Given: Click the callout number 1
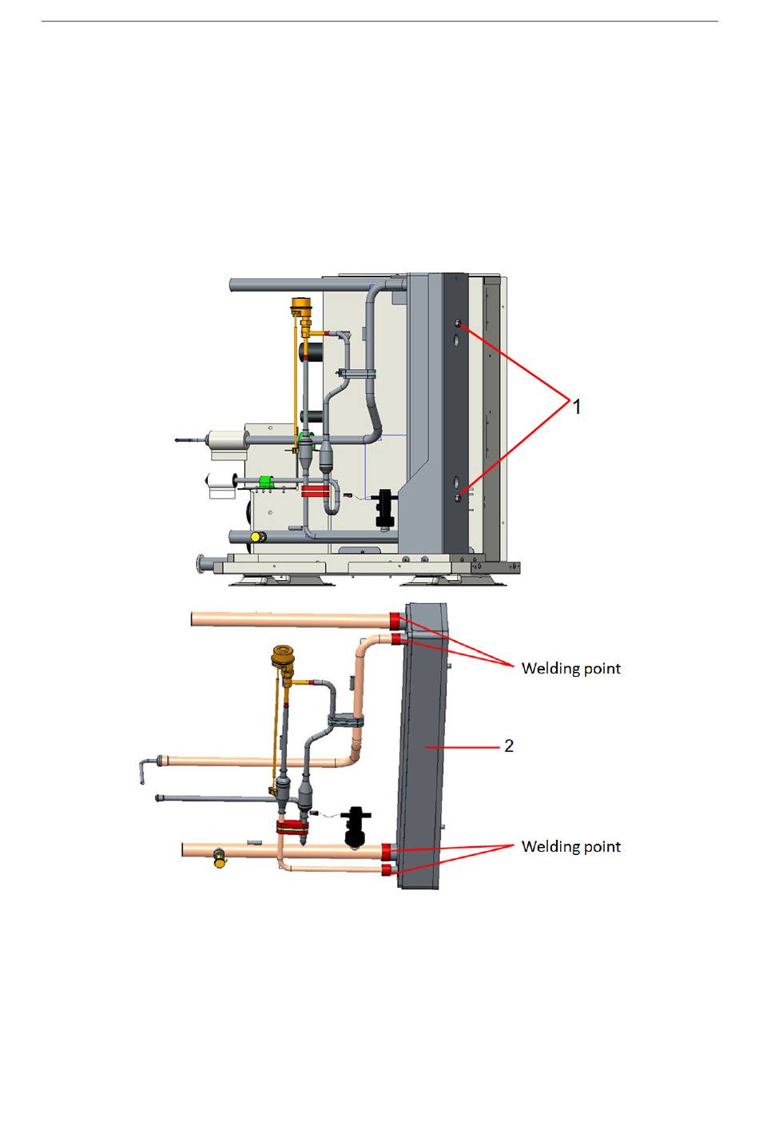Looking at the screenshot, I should point(577,407).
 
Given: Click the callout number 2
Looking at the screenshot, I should point(509,745).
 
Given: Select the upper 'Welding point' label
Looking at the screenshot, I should point(570,669).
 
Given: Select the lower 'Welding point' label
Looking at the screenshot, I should point(570,847).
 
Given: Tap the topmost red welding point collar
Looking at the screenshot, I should point(395,619).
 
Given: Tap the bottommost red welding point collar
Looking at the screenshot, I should point(388,869).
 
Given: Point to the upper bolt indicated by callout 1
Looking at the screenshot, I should point(458,324).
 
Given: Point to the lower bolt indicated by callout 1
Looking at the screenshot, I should point(458,498).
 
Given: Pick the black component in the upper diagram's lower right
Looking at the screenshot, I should point(386,509).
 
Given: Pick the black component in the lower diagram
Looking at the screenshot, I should point(354,825).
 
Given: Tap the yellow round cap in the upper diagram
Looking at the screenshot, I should point(256,537).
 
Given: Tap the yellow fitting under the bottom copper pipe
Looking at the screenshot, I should point(218,861).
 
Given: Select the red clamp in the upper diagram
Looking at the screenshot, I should point(316,490).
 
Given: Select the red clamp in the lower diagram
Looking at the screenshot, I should point(292,827).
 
